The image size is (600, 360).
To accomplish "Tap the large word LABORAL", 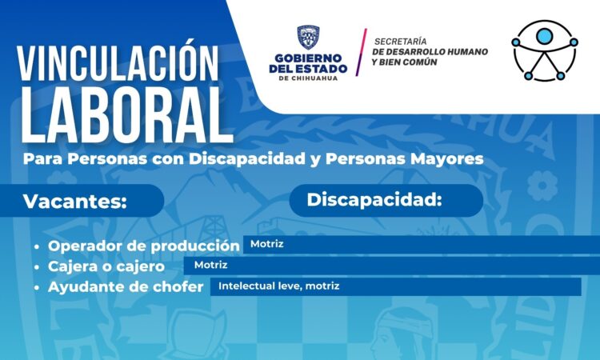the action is [x=126, y=115].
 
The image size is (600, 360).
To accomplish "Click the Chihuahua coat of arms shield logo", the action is [x=309, y=38].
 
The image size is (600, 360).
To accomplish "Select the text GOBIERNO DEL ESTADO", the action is [x=308, y=63].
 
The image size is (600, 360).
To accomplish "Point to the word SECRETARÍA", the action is [x=400, y=42].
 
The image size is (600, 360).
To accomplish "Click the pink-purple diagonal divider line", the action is [x=361, y=52].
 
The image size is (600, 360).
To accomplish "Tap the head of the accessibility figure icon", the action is [x=544, y=36].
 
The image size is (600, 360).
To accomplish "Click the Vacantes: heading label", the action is [x=75, y=202].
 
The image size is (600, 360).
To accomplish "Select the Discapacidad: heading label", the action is [x=374, y=200].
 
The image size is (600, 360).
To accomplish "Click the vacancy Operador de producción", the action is [x=144, y=246].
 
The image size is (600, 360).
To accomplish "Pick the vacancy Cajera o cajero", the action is [x=106, y=266].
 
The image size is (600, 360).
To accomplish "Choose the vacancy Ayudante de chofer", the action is [x=126, y=287].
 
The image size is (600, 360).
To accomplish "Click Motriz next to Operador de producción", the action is [x=266, y=244].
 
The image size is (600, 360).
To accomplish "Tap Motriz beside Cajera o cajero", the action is [x=211, y=265].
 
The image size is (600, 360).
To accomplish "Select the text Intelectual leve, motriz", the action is [x=279, y=286].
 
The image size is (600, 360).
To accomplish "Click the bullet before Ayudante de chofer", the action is [x=37, y=287].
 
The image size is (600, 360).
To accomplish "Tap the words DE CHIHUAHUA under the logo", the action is [x=309, y=78].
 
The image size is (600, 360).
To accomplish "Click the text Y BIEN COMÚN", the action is [x=404, y=62].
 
